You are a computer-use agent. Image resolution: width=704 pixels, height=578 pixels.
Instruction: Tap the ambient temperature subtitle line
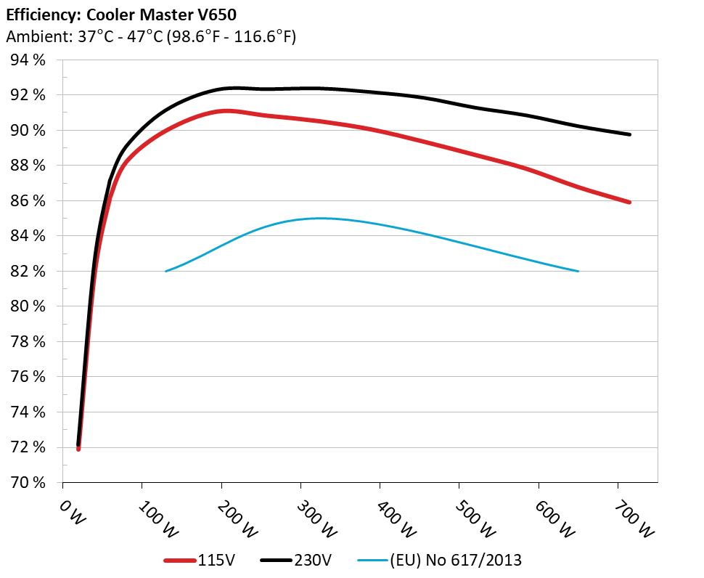click(151, 37)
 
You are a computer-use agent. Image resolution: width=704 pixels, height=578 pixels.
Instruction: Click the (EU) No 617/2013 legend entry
click(440, 560)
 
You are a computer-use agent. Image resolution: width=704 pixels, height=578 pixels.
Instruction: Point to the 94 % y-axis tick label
click(28, 60)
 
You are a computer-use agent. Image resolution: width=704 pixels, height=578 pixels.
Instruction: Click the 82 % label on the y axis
click(28, 272)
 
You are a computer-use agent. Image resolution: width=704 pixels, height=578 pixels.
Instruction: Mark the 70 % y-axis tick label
click(28, 482)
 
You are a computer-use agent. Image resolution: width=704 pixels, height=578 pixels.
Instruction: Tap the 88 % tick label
click(28, 166)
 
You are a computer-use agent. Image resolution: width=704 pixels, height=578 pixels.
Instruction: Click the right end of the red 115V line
click(629, 202)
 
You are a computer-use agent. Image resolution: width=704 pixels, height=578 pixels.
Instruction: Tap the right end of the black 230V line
click(629, 134)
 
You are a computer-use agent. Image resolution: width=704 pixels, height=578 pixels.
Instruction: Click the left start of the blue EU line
click(166, 271)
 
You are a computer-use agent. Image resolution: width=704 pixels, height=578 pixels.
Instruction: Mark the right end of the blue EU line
click(578, 271)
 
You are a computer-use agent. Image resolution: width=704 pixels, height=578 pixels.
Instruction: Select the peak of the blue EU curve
click(318, 218)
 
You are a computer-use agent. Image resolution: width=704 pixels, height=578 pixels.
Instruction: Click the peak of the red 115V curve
click(226, 110)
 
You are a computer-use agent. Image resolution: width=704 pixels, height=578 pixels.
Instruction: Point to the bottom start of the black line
click(78, 444)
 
